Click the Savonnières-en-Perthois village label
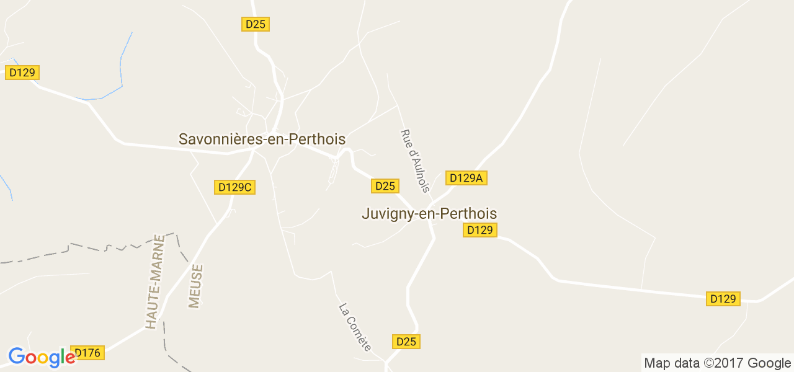coord(262,139)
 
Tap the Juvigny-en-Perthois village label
coord(429,213)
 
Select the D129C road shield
coord(235,187)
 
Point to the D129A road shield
coord(466,178)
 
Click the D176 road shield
coord(87,353)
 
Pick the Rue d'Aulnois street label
coord(415,161)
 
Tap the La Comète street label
coord(355,327)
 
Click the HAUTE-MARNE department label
coord(153,281)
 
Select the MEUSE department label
coord(196,286)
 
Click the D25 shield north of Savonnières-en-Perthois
coord(255,24)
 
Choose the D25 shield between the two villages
coord(385,186)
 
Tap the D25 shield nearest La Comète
coord(406,342)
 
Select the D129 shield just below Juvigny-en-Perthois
coord(480,230)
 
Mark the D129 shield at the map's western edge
coord(22,73)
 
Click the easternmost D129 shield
coord(723,299)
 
